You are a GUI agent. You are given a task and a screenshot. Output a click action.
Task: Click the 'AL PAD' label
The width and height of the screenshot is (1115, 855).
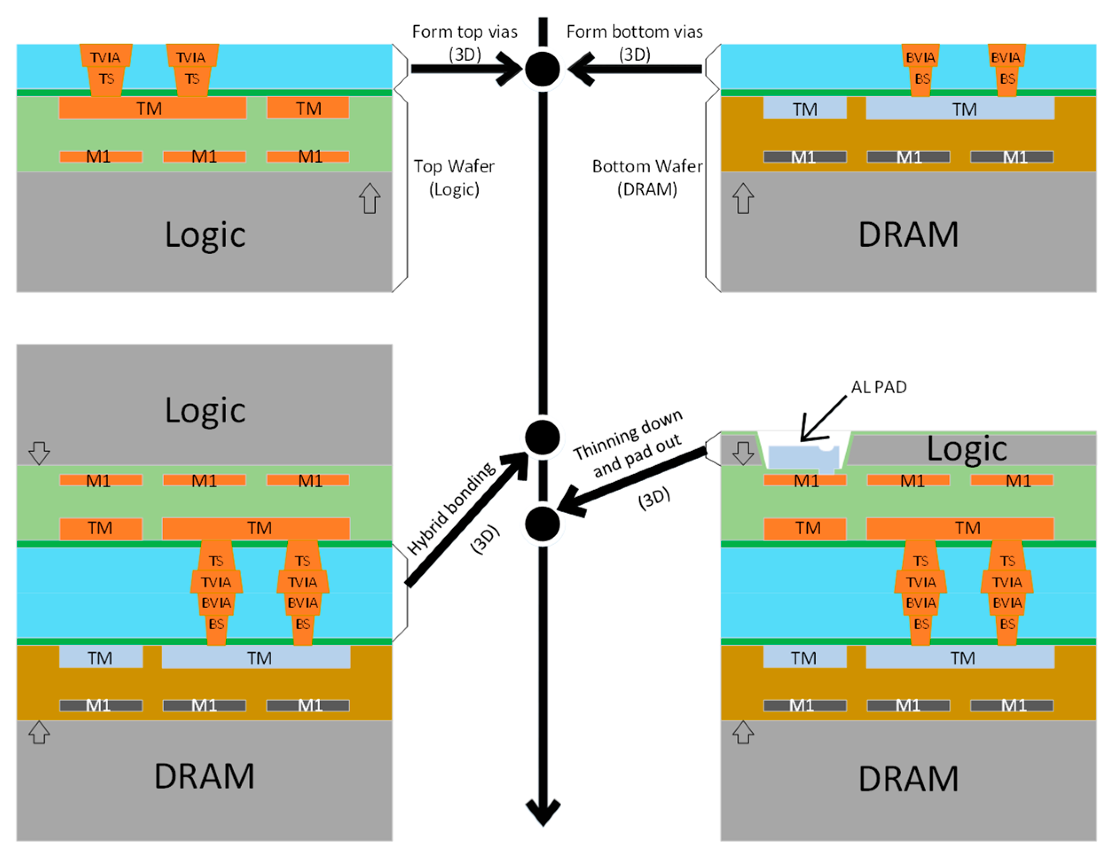pyautogui.click(x=878, y=387)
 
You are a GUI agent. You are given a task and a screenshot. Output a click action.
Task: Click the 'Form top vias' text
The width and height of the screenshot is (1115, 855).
pyautogui.click(x=465, y=32)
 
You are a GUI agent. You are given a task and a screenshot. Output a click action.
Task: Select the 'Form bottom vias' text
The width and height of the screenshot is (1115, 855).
pyautogui.click(x=634, y=32)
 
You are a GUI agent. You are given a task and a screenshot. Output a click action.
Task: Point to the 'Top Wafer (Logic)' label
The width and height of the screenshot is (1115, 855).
pyautogui.click(x=454, y=178)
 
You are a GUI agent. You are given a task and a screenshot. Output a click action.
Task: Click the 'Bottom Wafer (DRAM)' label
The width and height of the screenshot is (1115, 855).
pyautogui.click(x=647, y=178)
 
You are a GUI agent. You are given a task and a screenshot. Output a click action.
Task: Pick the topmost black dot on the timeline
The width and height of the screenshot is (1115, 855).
pyautogui.click(x=543, y=69)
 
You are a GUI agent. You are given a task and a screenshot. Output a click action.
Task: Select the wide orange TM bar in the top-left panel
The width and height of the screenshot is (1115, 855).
pyautogui.click(x=152, y=109)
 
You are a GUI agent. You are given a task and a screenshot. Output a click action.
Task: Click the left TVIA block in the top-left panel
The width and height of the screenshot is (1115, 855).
pyautogui.click(x=106, y=56)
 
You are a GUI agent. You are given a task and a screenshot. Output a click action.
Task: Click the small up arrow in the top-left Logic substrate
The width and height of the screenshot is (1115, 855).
pyautogui.click(x=370, y=199)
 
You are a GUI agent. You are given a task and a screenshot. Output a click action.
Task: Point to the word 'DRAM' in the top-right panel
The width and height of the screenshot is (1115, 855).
pyautogui.click(x=908, y=234)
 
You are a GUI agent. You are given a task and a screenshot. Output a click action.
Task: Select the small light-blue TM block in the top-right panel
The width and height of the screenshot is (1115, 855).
pyautogui.click(x=805, y=109)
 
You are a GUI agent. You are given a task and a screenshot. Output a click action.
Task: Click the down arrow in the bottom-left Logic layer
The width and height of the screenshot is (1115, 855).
pyautogui.click(x=39, y=453)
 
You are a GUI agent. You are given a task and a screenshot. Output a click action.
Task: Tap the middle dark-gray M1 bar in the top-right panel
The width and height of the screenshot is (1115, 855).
pyautogui.click(x=908, y=157)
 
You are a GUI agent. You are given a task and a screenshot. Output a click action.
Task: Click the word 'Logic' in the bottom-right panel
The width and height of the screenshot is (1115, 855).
pyautogui.click(x=966, y=449)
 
